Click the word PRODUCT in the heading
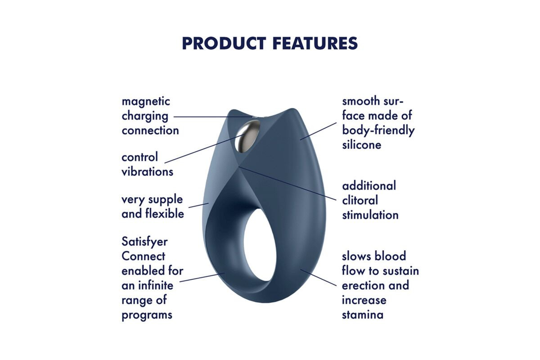[x=224, y=43]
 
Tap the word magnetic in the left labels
[x=146, y=102]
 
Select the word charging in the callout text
[x=145, y=116]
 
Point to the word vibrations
[x=147, y=172]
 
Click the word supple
[x=166, y=200]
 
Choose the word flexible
[x=165, y=214]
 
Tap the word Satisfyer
[x=144, y=242]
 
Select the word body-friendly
[x=378, y=130]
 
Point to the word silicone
[x=362, y=145]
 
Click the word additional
[x=369, y=186]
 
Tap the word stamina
[x=363, y=315]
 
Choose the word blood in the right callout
[x=390, y=256]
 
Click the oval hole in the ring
[x=260, y=245]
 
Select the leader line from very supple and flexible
[x=198, y=205]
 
